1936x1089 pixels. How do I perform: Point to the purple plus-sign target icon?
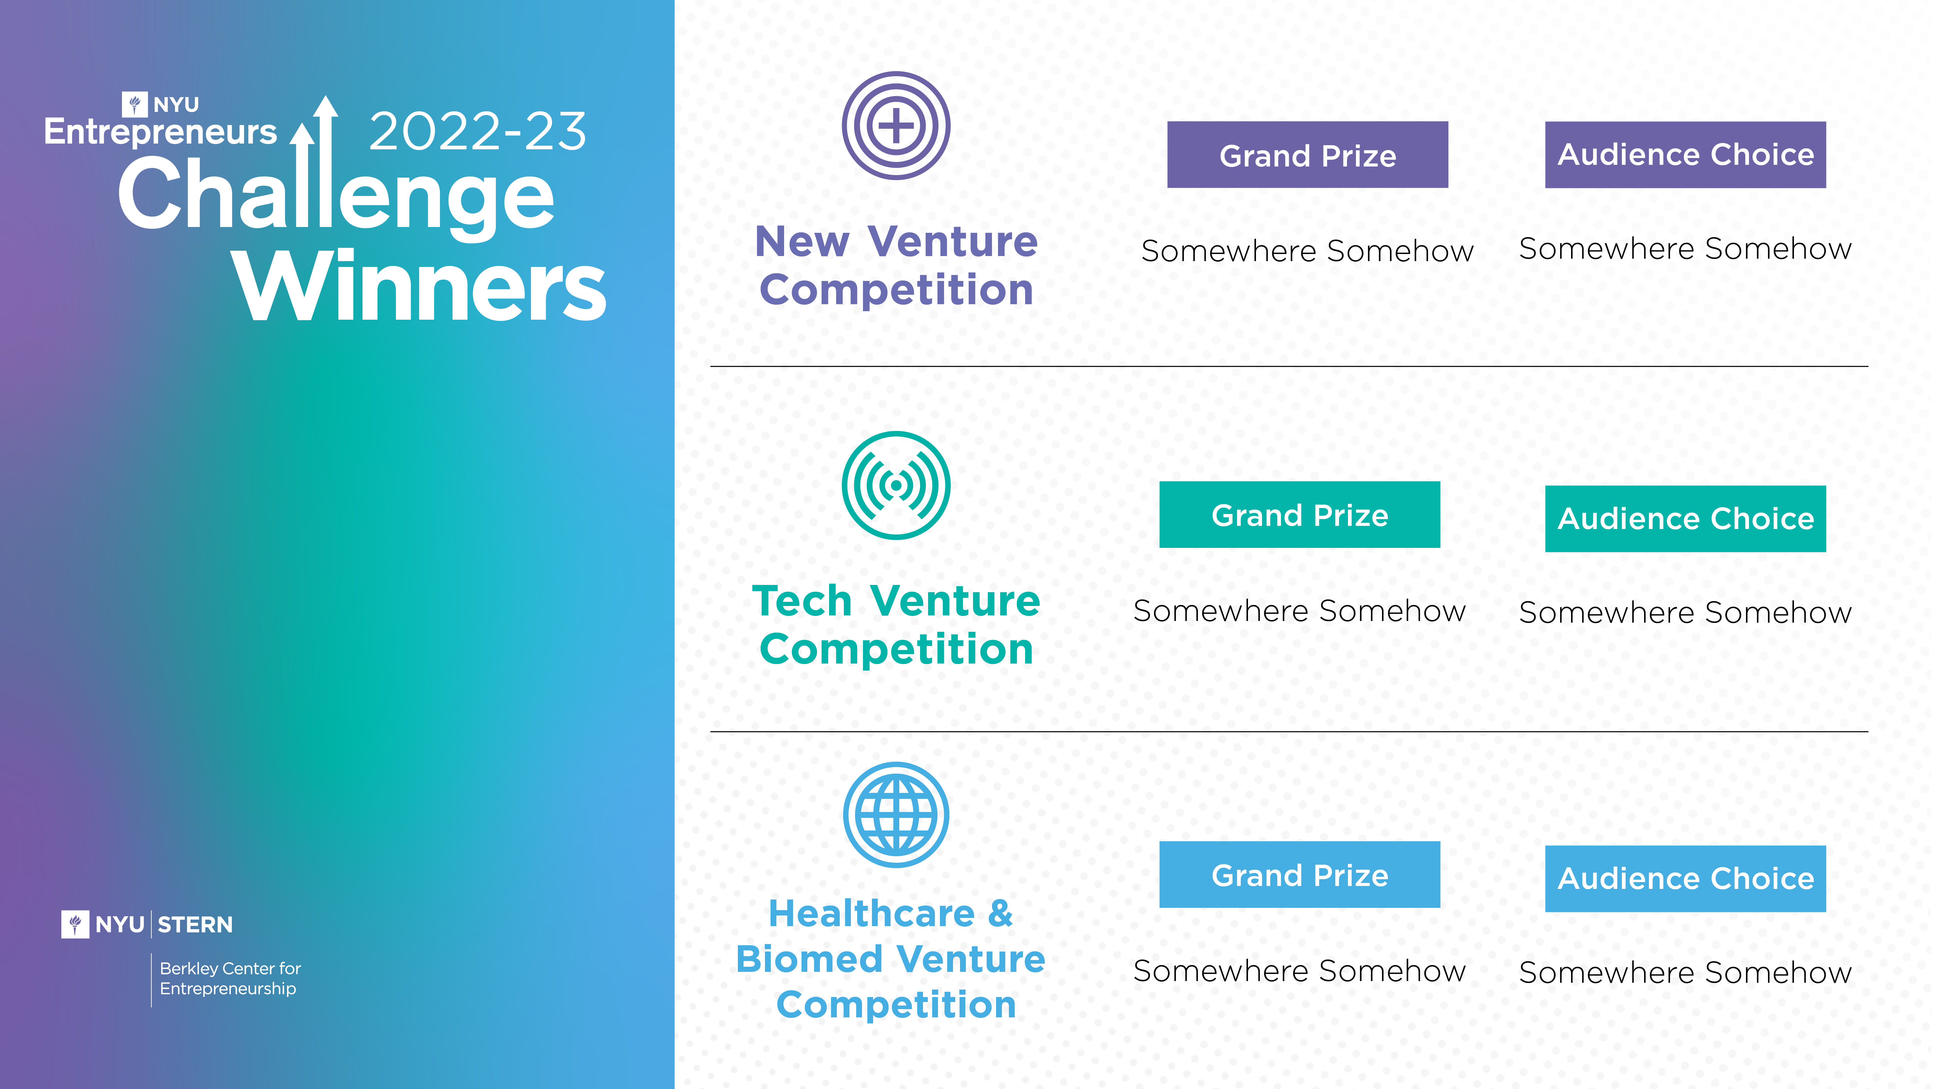click(x=896, y=126)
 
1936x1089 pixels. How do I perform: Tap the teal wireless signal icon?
click(x=896, y=485)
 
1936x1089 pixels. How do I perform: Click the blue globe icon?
click(x=896, y=816)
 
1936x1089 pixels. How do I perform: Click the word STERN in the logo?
click(x=195, y=924)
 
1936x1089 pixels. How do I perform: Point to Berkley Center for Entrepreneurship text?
click(x=230, y=978)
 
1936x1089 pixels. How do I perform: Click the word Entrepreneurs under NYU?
click(x=160, y=132)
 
